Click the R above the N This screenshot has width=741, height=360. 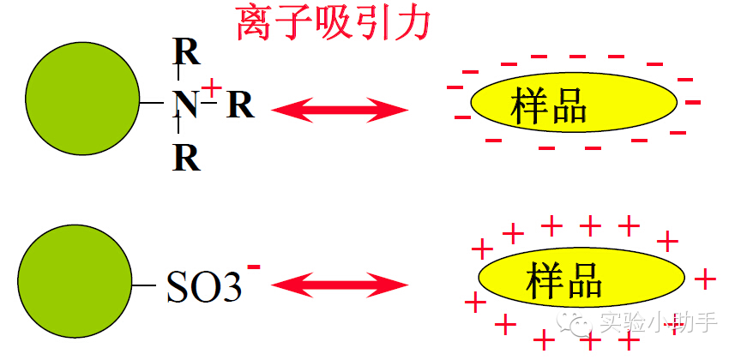tap(187, 53)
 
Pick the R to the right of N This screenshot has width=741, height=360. tap(240, 105)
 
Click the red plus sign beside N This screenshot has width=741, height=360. tap(213, 87)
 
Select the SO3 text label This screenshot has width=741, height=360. tap(203, 288)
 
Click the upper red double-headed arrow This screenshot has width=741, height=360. tap(339, 109)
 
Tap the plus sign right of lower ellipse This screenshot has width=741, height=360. tap(704, 279)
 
